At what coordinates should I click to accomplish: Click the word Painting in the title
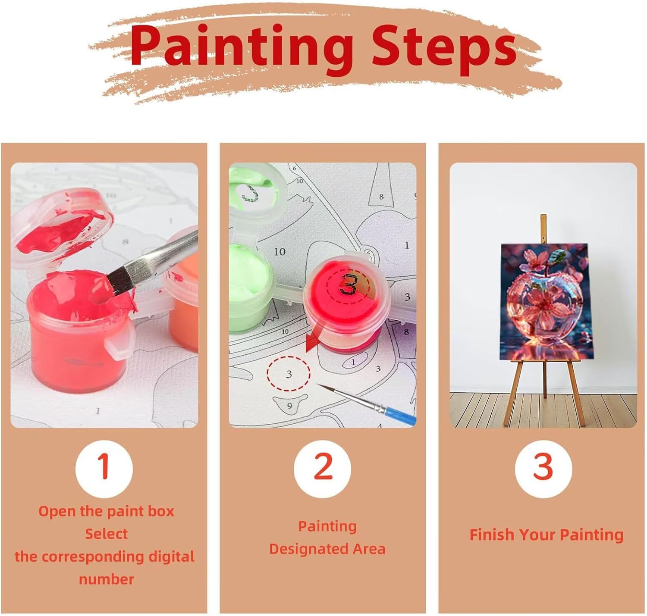[242, 48]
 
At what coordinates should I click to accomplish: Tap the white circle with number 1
[104, 469]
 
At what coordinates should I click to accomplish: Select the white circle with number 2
[322, 469]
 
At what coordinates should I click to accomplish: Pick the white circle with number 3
[543, 469]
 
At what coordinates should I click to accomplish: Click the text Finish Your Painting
[546, 535]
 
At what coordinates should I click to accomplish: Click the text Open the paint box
[106, 511]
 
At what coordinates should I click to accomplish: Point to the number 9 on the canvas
[289, 406]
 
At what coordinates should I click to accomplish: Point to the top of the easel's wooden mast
[543, 215]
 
